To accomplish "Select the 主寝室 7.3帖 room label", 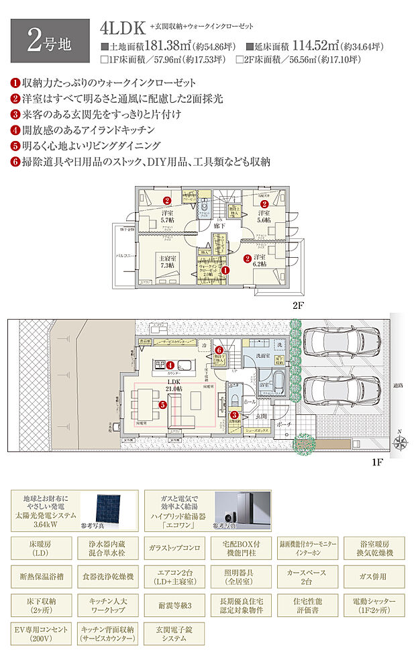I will click(x=167, y=261).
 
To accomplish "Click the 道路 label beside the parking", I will click(x=399, y=385).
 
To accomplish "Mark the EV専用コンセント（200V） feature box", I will click(x=43, y=634).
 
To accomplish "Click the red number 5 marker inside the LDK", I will click(x=162, y=405).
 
